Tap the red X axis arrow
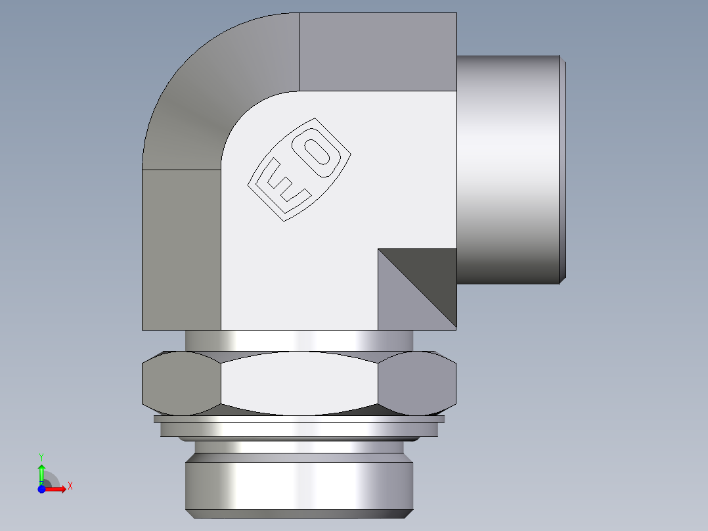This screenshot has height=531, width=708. click(56, 488)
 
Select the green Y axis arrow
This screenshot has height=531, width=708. click(41, 472)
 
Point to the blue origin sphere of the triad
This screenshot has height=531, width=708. click(41, 488)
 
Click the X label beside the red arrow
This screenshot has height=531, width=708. click(70, 486)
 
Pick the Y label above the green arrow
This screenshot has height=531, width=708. click(41, 455)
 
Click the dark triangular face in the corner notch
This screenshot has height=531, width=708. click(430, 276)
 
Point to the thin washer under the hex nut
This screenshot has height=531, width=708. click(299, 419)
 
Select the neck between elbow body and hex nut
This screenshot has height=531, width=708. click(299, 340)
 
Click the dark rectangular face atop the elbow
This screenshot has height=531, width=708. click(378, 51)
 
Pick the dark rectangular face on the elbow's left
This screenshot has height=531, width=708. click(181, 250)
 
